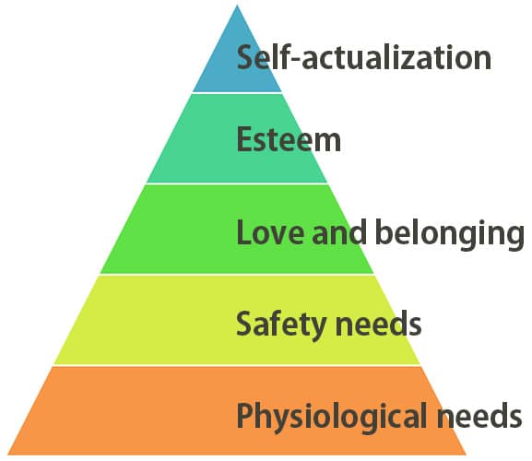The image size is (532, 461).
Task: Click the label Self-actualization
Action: click(x=364, y=58)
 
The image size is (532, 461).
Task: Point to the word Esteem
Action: click(x=289, y=139)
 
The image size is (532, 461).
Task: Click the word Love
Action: click(x=270, y=232)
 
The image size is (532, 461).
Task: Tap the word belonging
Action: click(x=450, y=234)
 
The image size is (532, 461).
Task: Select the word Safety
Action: click(x=281, y=325)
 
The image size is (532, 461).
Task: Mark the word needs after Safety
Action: click(x=378, y=324)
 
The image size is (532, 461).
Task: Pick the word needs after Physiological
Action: click(x=479, y=415)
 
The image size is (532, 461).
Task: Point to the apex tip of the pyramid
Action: click(x=237, y=6)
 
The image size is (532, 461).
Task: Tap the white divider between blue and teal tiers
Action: click(x=237, y=92)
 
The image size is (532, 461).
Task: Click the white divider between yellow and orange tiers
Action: click(x=237, y=365)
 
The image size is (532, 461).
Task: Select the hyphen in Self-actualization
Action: click(x=296, y=59)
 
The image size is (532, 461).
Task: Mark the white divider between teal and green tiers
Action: click(x=237, y=183)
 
